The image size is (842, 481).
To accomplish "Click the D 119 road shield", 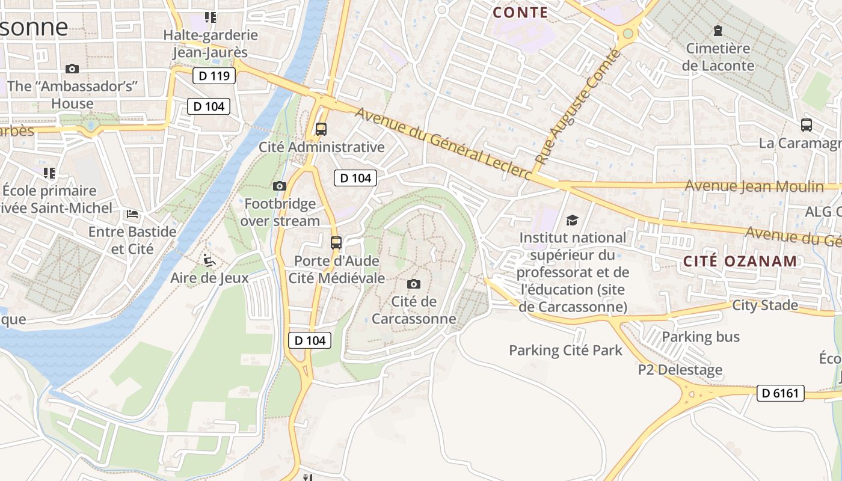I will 214,76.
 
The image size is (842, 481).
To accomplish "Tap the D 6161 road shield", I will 780,393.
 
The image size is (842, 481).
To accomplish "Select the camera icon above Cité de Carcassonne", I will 414,284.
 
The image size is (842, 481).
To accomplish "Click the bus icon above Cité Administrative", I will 321,129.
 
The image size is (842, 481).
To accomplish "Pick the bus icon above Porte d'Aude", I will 336,243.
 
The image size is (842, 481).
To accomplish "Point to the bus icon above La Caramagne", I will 807,125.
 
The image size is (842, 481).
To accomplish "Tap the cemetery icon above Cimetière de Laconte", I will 718,30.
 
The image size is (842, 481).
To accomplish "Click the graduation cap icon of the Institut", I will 572,220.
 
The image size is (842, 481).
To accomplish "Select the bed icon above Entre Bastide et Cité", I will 132,214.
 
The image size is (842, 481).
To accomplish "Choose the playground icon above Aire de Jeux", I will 209,260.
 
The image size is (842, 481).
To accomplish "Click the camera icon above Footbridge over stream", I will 280,186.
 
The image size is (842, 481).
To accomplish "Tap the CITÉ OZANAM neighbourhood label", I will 740,262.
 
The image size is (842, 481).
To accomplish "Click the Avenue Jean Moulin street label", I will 754,186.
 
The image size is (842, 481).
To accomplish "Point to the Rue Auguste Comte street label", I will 577,108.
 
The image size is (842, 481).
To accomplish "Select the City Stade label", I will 765,305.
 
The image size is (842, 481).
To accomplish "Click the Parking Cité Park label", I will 565,351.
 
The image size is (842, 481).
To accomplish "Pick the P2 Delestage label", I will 680,370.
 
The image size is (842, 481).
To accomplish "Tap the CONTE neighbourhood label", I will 520,13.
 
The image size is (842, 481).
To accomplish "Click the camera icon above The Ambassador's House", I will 72,69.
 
